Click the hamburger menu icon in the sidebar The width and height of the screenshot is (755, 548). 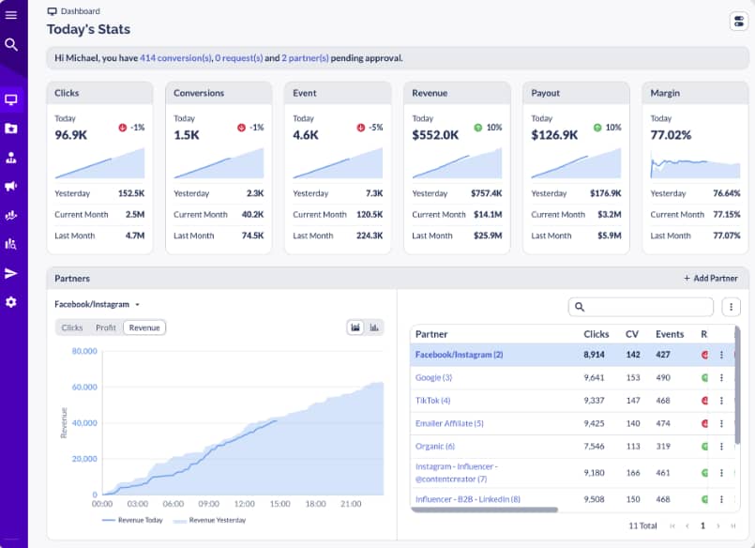(x=11, y=14)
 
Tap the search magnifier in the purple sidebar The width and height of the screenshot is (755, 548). (x=11, y=44)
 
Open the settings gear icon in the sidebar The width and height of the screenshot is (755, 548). (x=11, y=302)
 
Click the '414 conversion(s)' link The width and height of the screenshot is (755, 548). (x=175, y=58)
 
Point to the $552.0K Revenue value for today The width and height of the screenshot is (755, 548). (x=435, y=134)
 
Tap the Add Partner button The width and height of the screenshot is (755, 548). (x=710, y=279)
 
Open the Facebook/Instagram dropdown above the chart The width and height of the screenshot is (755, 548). (x=98, y=304)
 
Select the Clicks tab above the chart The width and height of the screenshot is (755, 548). (x=72, y=327)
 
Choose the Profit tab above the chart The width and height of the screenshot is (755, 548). (x=106, y=327)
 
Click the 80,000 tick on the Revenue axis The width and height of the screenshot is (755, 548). (x=84, y=351)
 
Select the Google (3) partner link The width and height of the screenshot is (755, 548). (x=433, y=377)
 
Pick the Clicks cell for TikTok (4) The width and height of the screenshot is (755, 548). (x=596, y=401)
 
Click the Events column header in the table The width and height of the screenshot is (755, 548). (x=670, y=334)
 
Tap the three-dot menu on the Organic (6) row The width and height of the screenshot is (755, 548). (x=721, y=447)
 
